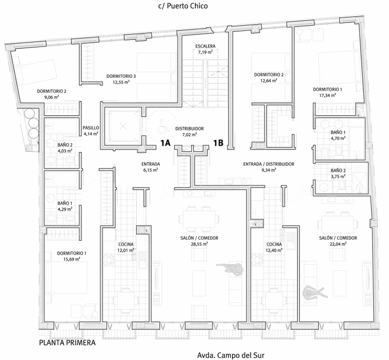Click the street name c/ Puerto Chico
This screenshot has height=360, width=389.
pyautogui.click(x=183, y=6)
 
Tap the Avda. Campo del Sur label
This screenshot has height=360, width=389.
pyautogui.click(x=231, y=355)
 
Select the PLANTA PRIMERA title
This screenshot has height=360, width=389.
pyautogui.click(x=67, y=343)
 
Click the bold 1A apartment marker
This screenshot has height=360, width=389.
pyautogui.click(x=165, y=143)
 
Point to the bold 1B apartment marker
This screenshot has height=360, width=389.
pyautogui.click(x=218, y=143)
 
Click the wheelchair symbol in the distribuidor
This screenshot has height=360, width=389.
pyautogui.click(x=162, y=127)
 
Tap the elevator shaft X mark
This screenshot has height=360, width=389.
pyautogui.click(x=123, y=127)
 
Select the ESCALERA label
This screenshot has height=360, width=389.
pyautogui.click(x=205, y=46)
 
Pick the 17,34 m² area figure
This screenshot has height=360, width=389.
pyautogui.click(x=327, y=95)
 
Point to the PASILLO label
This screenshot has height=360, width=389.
pyautogui.click(x=91, y=128)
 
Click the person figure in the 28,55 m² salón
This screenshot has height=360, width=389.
pyautogui.click(x=230, y=268)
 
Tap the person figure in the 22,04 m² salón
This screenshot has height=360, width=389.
pyautogui.click(x=313, y=292)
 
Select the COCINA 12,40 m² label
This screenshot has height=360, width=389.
pyautogui.click(x=274, y=247)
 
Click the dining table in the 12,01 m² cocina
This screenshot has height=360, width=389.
pyautogui.click(x=126, y=301)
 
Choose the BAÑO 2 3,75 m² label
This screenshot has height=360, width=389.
pyautogui.click(x=338, y=174)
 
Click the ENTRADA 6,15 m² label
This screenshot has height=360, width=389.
pyautogui.click(x=151, y=167)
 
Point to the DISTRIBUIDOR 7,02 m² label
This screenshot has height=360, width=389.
pyautogui.click(x=189, y=132)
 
